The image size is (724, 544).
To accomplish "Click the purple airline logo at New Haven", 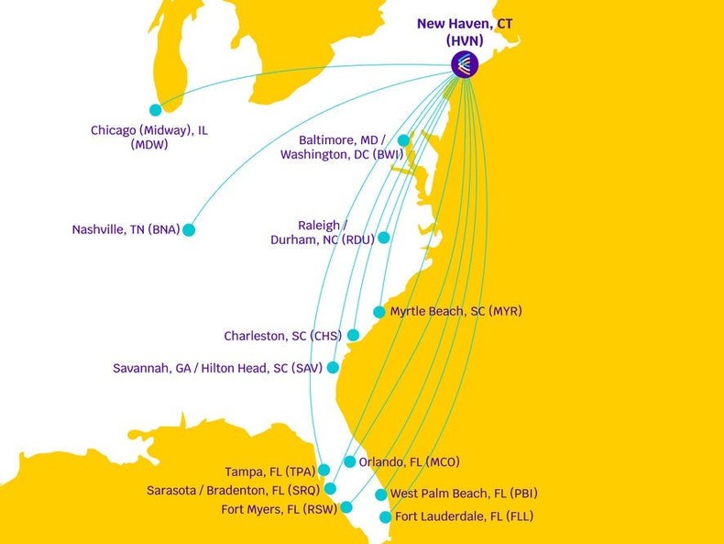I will click(465, 63).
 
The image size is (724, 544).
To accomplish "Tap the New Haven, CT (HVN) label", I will click(465, 32).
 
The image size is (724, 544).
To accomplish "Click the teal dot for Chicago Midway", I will click(155, 110).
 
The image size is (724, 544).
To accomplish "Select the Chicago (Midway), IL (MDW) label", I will click(148, 137).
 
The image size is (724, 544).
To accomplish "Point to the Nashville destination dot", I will click(189, 230).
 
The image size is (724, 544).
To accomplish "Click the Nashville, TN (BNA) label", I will click(126, 230).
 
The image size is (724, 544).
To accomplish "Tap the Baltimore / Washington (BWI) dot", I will click(403, 140).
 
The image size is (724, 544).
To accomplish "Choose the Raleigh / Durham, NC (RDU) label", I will click(322, 232).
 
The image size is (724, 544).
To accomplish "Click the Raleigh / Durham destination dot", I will click(384, 238).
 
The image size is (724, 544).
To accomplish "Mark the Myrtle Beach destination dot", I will click(379, 312).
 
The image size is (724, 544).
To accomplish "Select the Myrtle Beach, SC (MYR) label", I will click(455, 312).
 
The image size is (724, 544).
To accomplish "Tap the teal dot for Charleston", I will click(353, 336).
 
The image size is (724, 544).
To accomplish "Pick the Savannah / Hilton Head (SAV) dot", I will click(333, 367).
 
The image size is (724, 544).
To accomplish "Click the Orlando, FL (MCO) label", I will click(409, 462).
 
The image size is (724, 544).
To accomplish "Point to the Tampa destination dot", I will click(324, 471).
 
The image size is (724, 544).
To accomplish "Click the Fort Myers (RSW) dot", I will click(346, 507).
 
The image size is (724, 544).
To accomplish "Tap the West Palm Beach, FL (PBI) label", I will click(463, 494).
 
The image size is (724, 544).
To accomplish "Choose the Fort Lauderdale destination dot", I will click(386, 517).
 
